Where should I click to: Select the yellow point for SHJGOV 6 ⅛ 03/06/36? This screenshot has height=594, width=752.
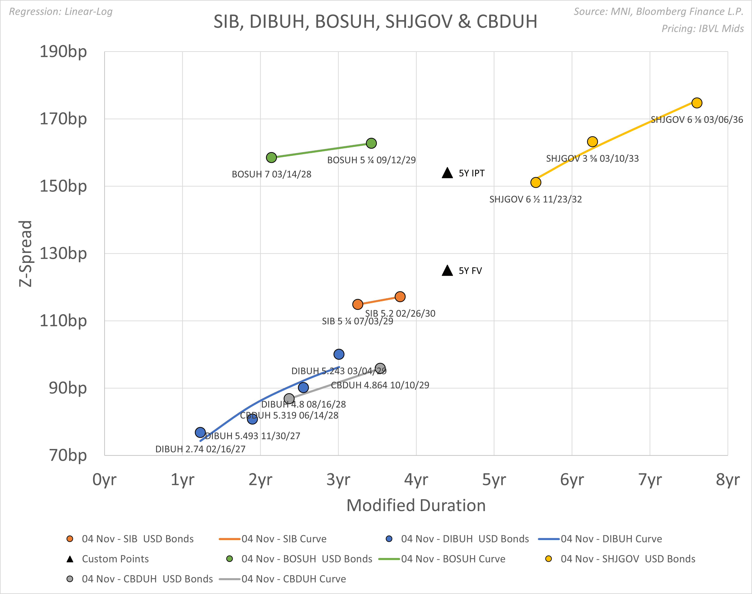pyautogui.click(x=697, y=103)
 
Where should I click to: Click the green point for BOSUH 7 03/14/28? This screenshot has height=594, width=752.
pyautogui.click(x=271, y=158)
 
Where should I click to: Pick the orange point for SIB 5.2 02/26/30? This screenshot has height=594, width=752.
pyautogui.click(x=400, y=297)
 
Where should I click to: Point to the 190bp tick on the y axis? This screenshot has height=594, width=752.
pyautogui.click(x=63, y=52)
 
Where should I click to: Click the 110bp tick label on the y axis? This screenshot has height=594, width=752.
pyautogui.click(x=63, y=321)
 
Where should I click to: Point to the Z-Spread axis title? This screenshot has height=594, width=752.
pyautogui.click(x=25, y=254)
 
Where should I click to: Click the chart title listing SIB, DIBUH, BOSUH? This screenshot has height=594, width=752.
pyautogui.click(x=375, y=22)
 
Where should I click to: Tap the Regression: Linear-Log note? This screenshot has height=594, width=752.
pyautogui.click(x=61, y=12)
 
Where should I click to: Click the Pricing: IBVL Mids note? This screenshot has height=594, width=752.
pyautogui.click(x=702, y=29)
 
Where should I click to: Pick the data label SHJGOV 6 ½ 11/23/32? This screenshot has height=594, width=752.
pyautogui.click(x=535, y=199)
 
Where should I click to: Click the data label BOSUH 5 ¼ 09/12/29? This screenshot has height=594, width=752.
pyautogui.click(x=371, y=160)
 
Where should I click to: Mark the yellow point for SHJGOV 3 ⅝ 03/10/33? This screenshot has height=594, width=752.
pyautogui.click(x=592, y=142)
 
